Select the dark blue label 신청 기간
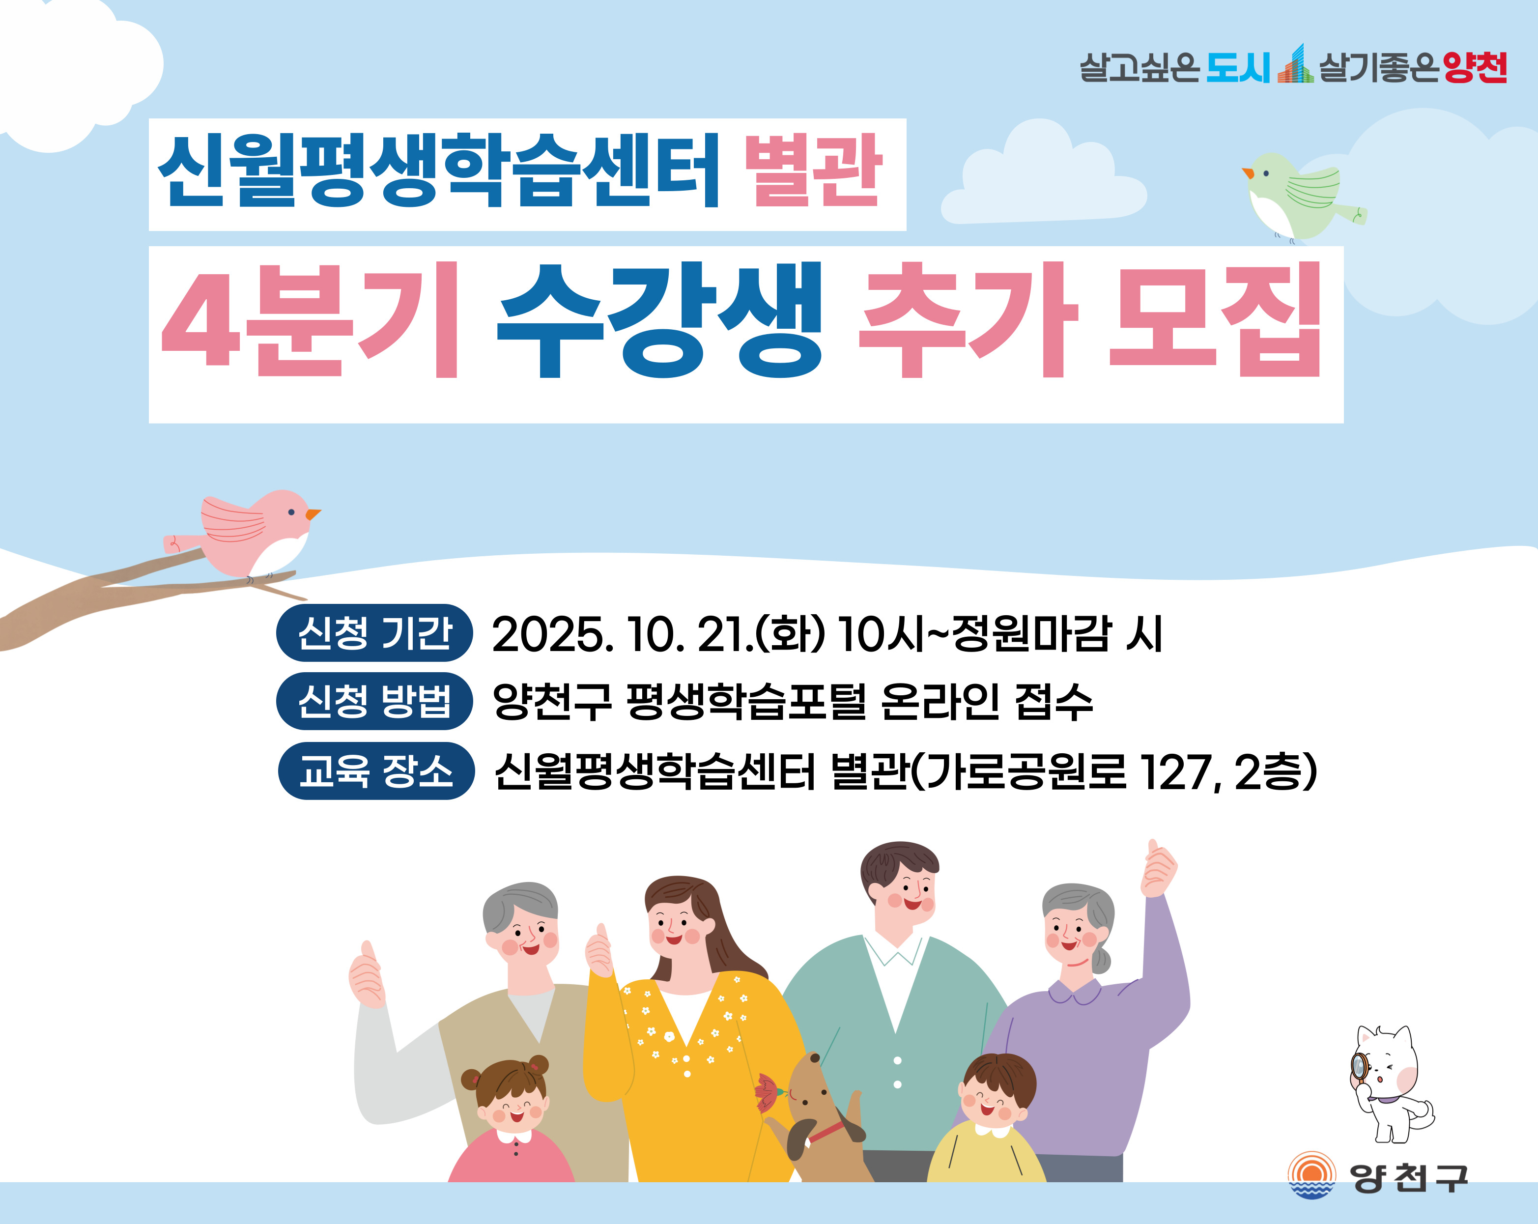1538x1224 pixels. [374, 633]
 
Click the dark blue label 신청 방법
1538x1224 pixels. [374, 701]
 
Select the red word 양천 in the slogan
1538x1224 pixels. [1475, 68]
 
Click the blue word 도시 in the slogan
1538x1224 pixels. [1238, 68]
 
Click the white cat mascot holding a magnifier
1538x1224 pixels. [1388, 1083]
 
